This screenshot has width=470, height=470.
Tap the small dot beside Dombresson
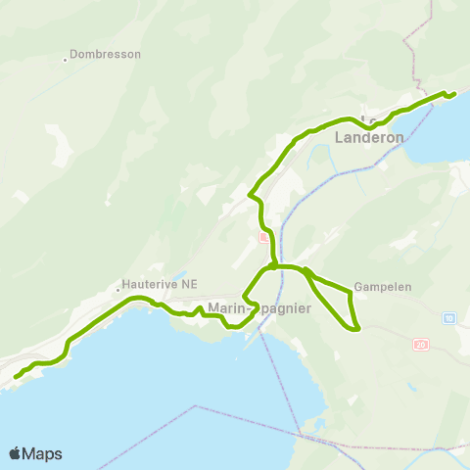[66, 59]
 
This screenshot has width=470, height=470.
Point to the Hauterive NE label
[160, 284]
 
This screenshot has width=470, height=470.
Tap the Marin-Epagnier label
[259, 309]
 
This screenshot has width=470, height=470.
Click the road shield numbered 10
[447, 318]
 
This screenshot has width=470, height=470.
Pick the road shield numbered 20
[421, 344]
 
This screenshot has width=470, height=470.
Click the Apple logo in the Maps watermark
[16, 453]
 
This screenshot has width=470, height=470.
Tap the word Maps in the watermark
[44, 453]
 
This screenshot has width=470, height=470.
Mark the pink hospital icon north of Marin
[262, 238]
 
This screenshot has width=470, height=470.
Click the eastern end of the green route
[454, 94]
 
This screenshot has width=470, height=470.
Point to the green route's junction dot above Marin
[271, 265]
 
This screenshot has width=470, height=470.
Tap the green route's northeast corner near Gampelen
[350, 291]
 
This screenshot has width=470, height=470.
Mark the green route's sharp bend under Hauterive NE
[67, 343]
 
